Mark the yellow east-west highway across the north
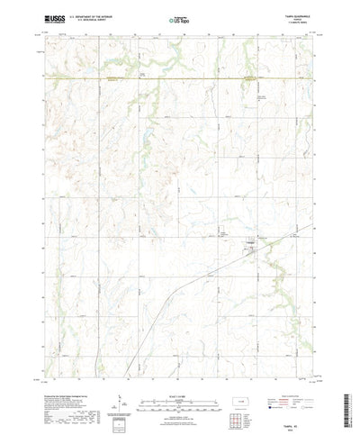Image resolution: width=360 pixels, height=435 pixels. (180, 79)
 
